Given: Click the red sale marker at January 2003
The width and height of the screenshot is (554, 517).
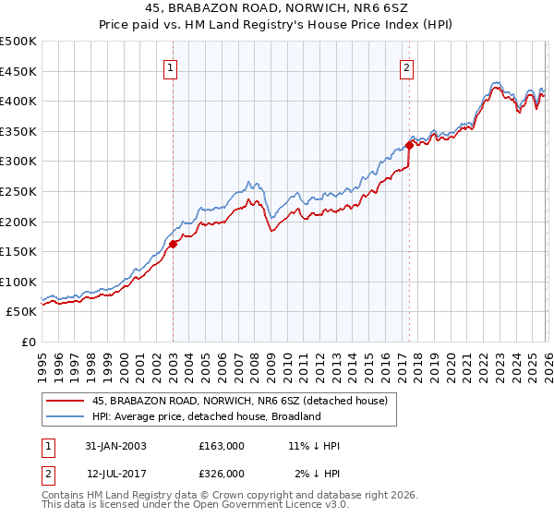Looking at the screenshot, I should [x=173, y=244].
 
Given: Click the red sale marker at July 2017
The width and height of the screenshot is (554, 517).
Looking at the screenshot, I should [x=409, y=145].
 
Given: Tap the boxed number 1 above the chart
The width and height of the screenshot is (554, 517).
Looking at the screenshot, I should [x=173, y=66].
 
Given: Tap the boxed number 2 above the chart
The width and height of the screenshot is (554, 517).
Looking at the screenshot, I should [x=407, y=66].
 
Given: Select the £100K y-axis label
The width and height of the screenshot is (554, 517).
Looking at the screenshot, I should [x=19, y=282].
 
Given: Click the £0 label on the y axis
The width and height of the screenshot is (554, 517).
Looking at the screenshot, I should [x=29, y=342].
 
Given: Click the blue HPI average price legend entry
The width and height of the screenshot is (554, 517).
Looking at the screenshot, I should [x=206, y=416].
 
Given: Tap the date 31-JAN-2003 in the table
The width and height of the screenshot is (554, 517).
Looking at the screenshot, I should [x=115, y=446].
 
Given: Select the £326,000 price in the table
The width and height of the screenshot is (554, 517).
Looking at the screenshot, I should [x=222, y=473].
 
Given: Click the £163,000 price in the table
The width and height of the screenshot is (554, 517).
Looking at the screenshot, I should [x=222, y=446].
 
